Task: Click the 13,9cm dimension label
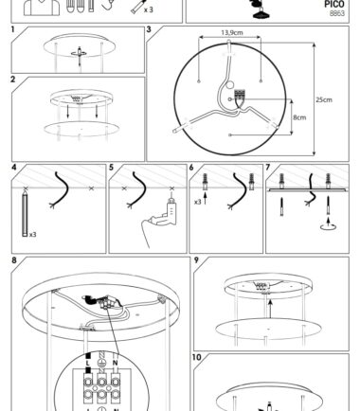tap(232, 32)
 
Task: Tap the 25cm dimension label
tap(324, 99)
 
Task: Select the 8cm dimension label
tap(299, 117)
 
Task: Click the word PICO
tap(334, 4)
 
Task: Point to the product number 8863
tap(337, 13)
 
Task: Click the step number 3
tap(149, 29)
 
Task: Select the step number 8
tap(14, 260)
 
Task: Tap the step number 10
tap(196, 357)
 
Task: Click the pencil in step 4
tap(25, 212)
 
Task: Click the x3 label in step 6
tap(197, 202)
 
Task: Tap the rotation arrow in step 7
tap(329, 226)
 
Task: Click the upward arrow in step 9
tap(270, 309)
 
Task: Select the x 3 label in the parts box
tap(148, 9)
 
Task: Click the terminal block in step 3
tap(240, 96)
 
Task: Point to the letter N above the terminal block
tap(115, 363)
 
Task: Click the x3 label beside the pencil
tap(33, 235)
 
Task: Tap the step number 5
tap(111, 168)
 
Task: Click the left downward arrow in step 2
tap(68, 112)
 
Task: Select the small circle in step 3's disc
tap(230, 84)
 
